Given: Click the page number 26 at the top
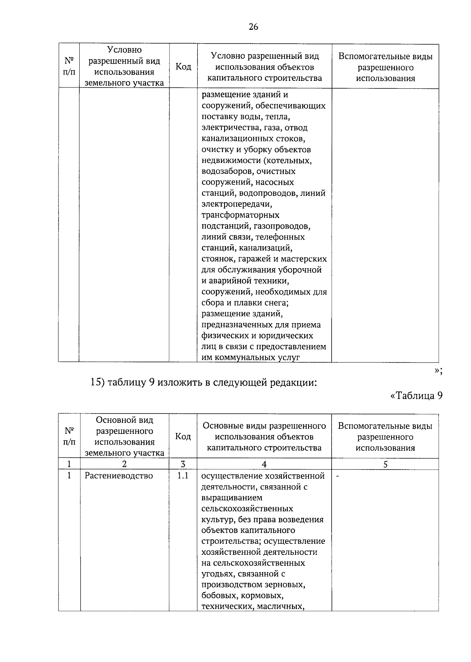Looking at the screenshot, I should (x=253, y=27).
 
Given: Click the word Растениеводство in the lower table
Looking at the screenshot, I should (x=119, y=476).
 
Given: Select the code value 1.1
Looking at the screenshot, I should (x=183, y=476).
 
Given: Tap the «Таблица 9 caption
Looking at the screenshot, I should (x=417, y=395).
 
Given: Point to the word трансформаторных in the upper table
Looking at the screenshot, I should (x=240, y=215).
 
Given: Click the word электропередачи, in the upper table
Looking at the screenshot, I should (x=237, y=204).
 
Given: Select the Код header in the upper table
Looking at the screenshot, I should (x=183, y=67).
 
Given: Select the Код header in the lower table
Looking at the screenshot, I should (x=183, y=437).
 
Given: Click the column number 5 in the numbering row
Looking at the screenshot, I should (x=385, y=464).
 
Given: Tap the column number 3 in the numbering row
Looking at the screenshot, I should (x=183, y=464).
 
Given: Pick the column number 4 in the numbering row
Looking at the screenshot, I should (x=264, y=464).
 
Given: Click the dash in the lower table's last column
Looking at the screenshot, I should (x=338, y=476).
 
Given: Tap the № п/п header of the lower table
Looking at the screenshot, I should (x=69, y=437).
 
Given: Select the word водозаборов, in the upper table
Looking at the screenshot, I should (x=225, y=172).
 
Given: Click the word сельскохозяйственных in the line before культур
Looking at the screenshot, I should (x=247, y=509).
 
